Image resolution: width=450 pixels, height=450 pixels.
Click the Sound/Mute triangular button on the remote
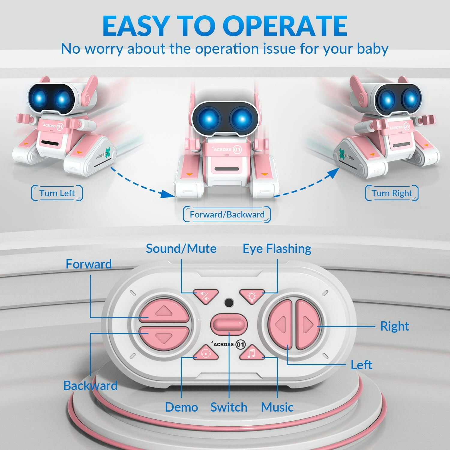pyautogui.click(x=205, y=295)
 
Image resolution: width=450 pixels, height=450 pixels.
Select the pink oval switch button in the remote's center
pyautogui.click(x=229, y=324)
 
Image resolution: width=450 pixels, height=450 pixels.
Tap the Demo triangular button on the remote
pyautogui.click(x=206, y=353)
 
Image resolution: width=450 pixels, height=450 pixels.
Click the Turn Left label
pyautogui.click(x=57, y=193)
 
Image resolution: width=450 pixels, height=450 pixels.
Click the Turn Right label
pyautogui.click(x=392, y=193)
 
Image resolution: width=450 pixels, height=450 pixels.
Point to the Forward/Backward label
pyautogui.click(x=227, y=214)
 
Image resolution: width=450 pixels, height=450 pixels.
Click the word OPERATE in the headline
pyautogui.click(x=285, y=26)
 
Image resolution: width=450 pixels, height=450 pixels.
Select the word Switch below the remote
pyautogui.click(x=229, y=407)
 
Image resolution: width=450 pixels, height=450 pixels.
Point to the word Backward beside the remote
pyautogui.click(x=90, y=386)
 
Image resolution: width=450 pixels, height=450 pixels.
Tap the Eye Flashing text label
pyautogui.click(x=277, y=249)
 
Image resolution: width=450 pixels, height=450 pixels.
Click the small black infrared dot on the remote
pyautogui.click(x=229, y=302)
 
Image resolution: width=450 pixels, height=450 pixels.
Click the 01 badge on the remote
pyautogui.click(x=240, y=344)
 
